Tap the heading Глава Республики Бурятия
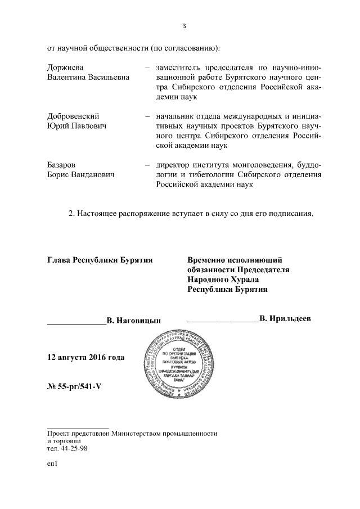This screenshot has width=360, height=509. tap(100, 260)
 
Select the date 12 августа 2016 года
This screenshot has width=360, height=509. tap(86, 358)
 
